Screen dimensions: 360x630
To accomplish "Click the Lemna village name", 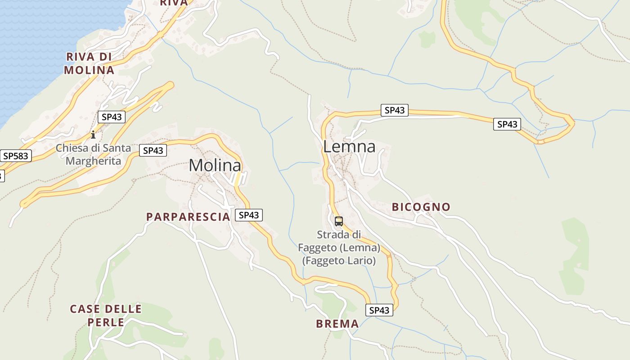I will pyautogui.click(x=349, y=147).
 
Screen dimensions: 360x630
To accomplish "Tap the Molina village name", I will pyautogui.click(x=215, y=165).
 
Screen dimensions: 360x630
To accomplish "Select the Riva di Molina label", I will pyautogui.click(x=89, y=63).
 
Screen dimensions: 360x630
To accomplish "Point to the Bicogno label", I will pyautogui.click(x=421, y=207).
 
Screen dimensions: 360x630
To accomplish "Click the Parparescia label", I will pyautogui.click(x=188, y=217).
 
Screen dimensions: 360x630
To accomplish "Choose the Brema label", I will pyautogui.click(x=337, y=324).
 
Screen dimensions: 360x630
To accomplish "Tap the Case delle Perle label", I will pyautogui.click(x=106, y=315).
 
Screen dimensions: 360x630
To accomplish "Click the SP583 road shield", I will pyautogui.click(x=16, y=156).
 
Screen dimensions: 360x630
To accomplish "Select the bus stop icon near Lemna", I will pyautogui.click(x=339, y=221).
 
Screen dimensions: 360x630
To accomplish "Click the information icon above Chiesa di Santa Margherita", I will pyautogui.click(x=93, y=134).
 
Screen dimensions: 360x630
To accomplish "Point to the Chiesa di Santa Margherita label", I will pyautogui.click(x=94, y=154).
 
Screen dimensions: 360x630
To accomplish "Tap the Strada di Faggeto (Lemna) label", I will pyautogui.click(x=339, y=241).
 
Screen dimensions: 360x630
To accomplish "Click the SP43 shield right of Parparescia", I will pyautogui.click(x=249, y=215).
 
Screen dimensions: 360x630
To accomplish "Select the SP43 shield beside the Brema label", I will pyautogui.click(x=379, y=310).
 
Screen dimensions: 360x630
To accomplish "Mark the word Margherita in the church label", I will pyautogui.click(x=94, y=161).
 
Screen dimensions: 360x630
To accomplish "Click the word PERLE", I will pyautogui.click(x=106, y=322).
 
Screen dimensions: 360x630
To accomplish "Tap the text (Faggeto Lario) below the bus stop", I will pyautogui.click(x=339, y=261).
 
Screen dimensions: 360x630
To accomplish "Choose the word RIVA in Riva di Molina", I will pyautogui.click(x=80, y=57).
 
